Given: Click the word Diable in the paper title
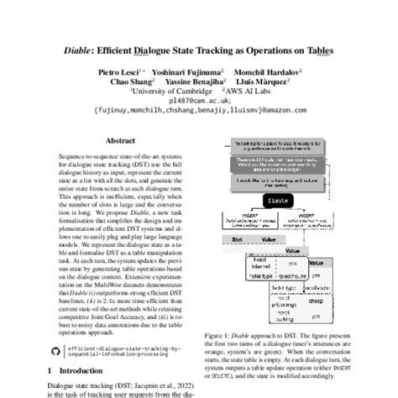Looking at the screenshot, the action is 79,50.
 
